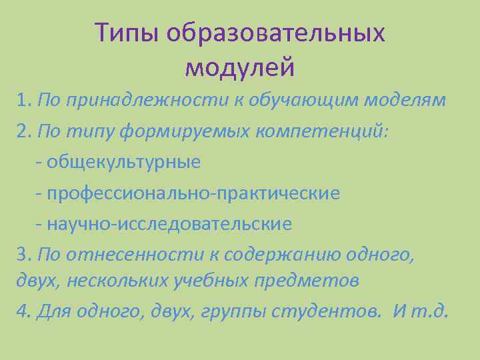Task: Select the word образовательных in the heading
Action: pyautogui.click(x=276, y=33)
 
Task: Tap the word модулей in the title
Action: pyautogui.click(x=239, y=67)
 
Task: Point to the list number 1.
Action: pyautogui.click(x=24, y=101)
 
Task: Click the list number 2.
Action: pyautogui.click(x=24, y=131)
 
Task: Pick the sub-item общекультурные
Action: pyautogui.click(x=124, y=162)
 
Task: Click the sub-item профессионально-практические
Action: pyautogui.click(x=193, y=193)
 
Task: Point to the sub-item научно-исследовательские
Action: pyautogui.click(x=169, y=223)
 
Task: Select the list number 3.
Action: pyautogui.click(x=24, y=254)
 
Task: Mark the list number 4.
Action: pyautogui.click(x=24, y=311)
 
